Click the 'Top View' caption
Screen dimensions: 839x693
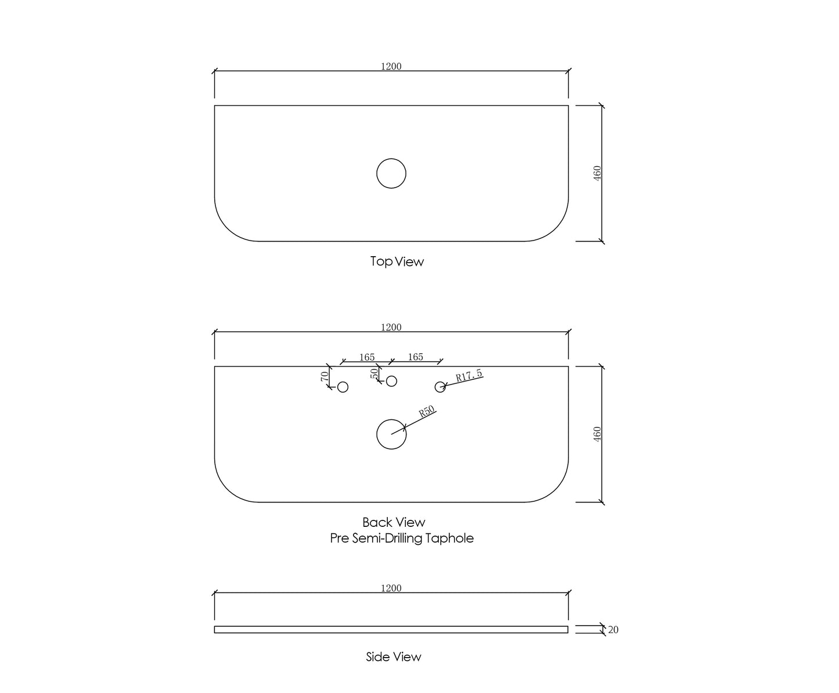click(x=397, y=261)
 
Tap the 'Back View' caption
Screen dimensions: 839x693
click(x=394, y=522)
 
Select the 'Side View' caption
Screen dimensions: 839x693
click(x=394, y=657)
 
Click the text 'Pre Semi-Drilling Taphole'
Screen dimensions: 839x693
click(x=402, y=538)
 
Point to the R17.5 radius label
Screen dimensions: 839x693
click(x=469, y=375)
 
